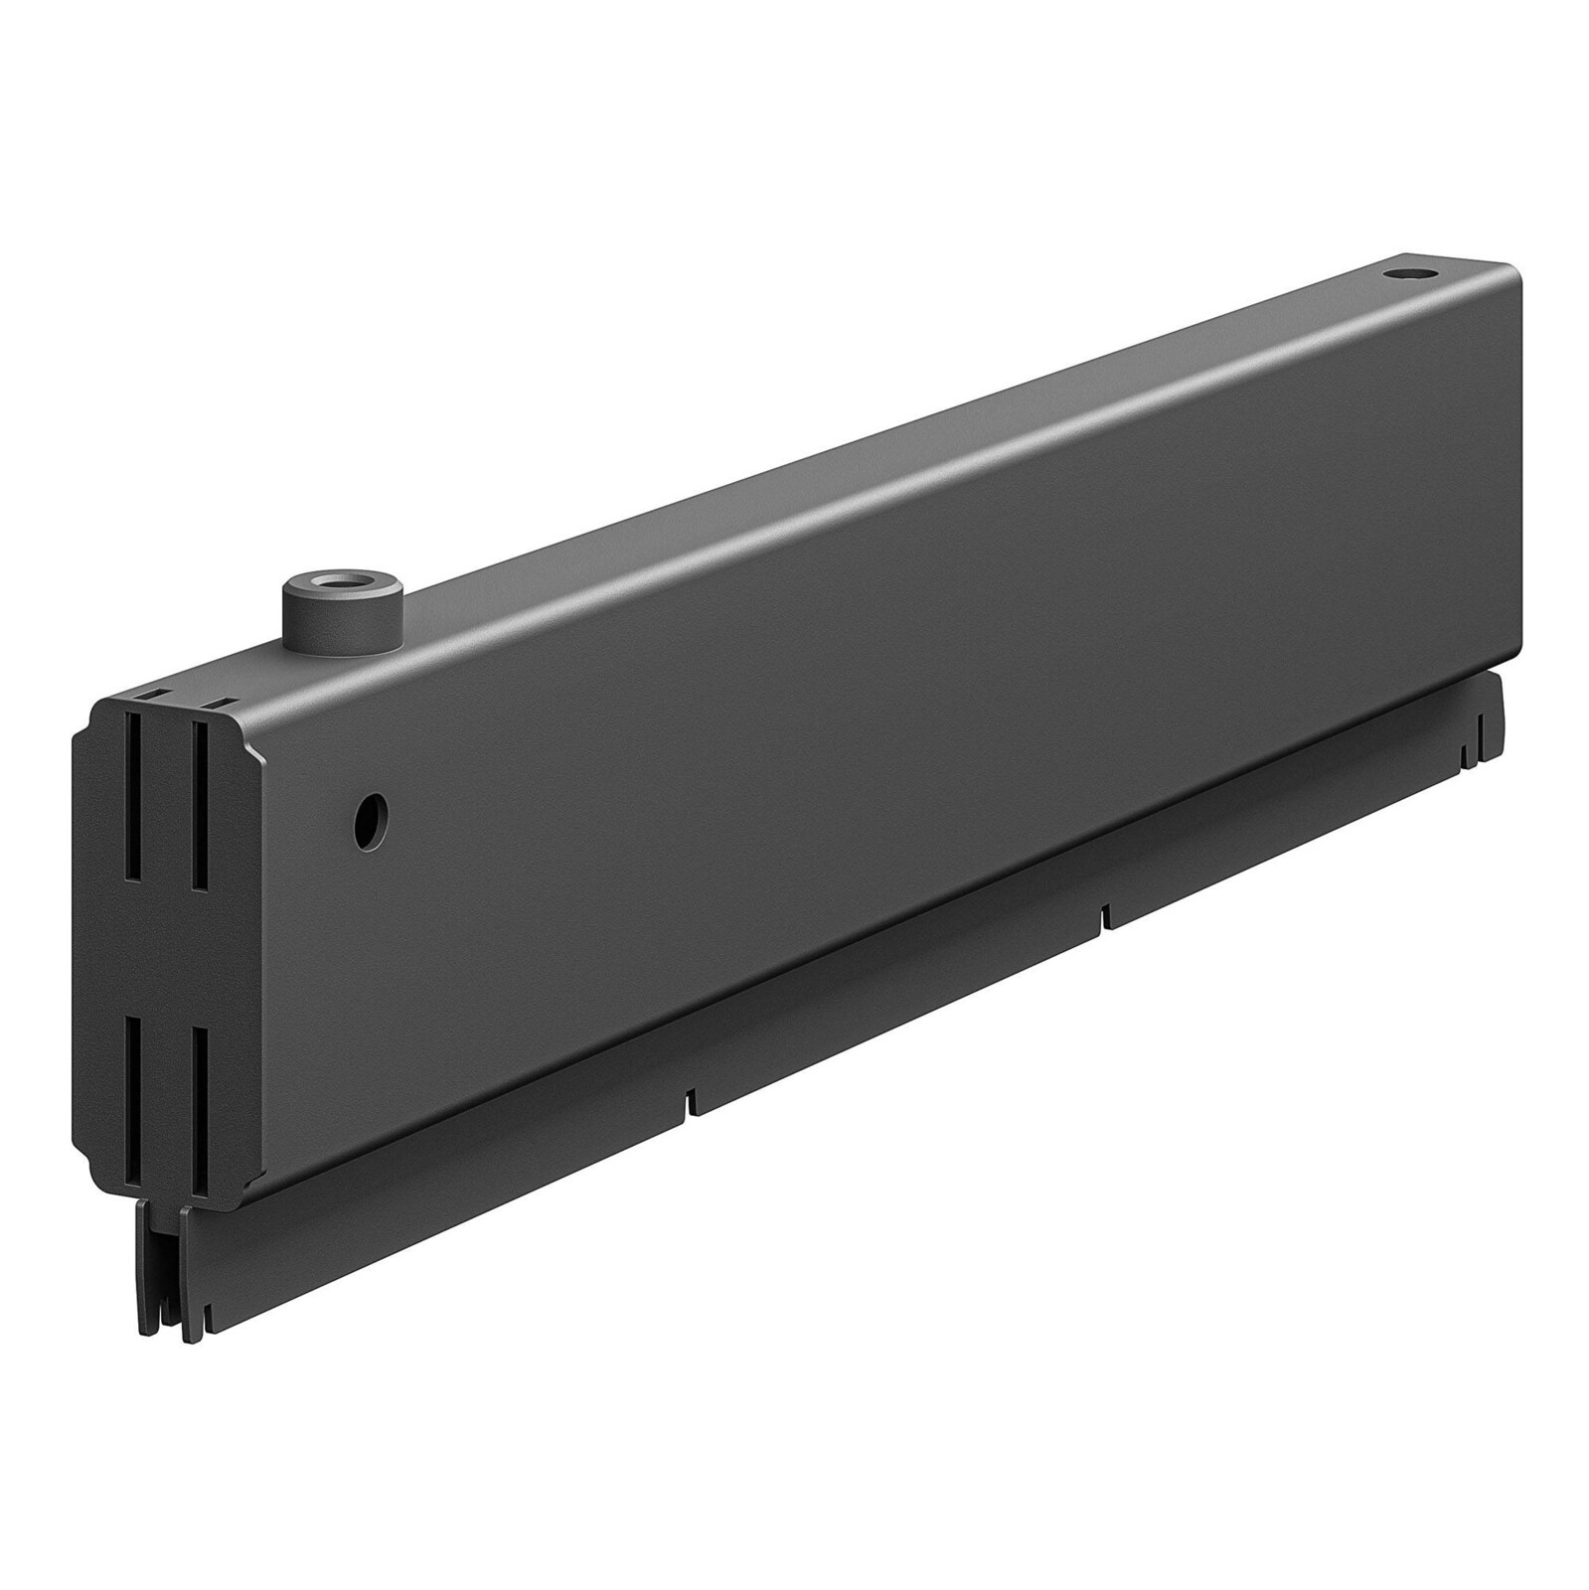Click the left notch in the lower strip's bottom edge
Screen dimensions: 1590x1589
tap(689, 1103)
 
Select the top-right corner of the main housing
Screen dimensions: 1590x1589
tap(1515, 270)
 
